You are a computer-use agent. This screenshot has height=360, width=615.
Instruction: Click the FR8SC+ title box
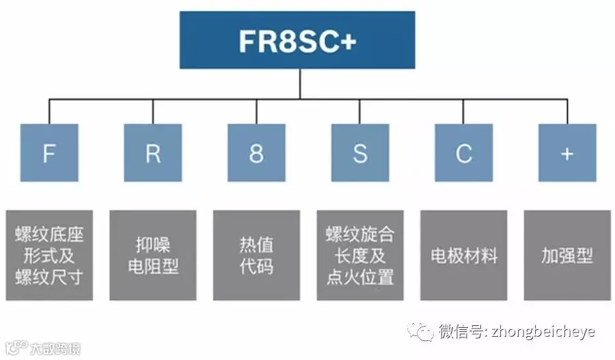coord(297,40)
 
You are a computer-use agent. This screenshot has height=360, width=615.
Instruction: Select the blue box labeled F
coord(49,152)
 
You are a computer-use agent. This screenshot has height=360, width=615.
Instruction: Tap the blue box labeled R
coord(152,152)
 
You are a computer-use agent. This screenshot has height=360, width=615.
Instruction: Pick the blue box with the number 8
coord(256,152)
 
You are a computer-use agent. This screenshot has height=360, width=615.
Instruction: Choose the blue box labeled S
coord(360,152)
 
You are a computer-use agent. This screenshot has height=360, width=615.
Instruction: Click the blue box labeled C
coord(463,152)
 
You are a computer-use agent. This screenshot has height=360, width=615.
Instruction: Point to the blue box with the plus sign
coord(567,152)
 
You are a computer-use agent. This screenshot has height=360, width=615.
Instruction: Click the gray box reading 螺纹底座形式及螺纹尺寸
coord(49,255)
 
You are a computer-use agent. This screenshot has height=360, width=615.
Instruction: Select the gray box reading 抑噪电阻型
coord(152,255)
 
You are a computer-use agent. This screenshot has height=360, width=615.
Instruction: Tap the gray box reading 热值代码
coord(256,255)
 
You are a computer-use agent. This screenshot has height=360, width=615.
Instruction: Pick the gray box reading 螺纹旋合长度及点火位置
coord(360,255)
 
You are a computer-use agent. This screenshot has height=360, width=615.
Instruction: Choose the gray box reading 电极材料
coord(463,255)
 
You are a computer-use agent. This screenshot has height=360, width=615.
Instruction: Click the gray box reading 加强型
coord(567,255)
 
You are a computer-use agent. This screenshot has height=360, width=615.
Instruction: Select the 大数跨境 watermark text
coord(55,349)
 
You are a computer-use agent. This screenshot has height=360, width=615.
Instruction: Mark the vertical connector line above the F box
coord(49,111)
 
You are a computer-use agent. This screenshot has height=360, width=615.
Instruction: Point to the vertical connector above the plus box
coord(567,111)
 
